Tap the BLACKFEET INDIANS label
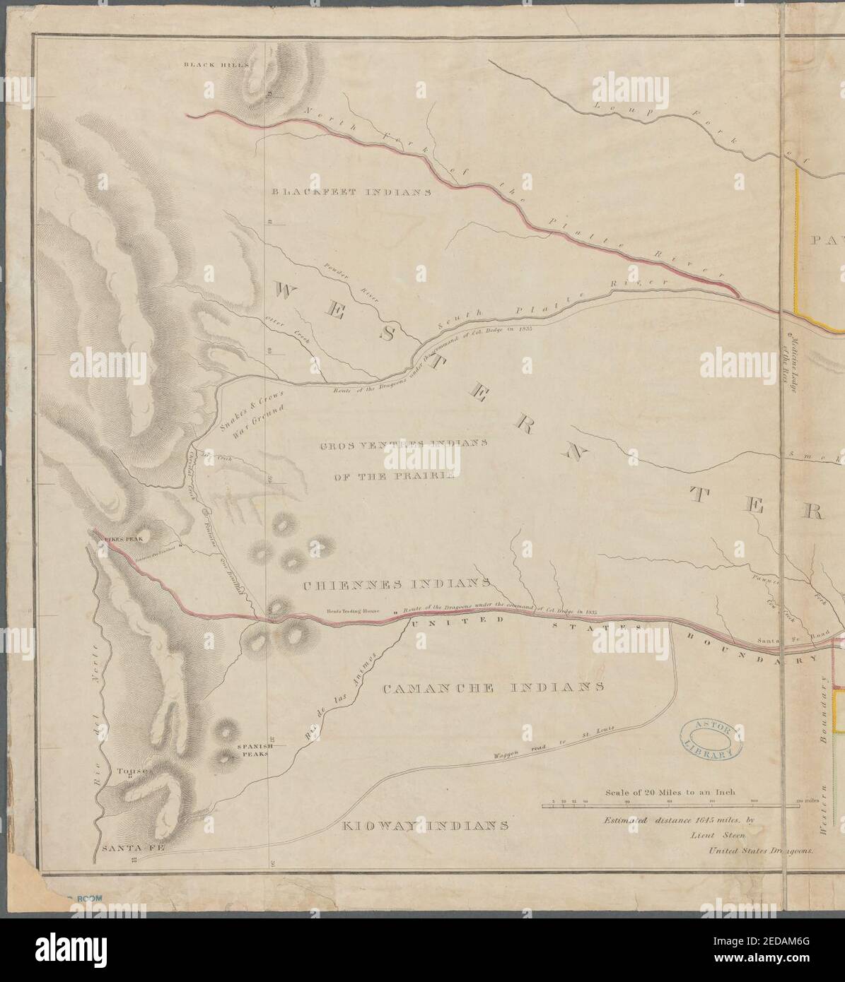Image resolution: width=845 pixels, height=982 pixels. coord(351,191)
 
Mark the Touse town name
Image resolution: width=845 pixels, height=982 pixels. coord(133,771)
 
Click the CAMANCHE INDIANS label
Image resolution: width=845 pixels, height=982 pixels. coord(493,687)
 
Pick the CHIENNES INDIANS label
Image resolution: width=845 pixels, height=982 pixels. coord(397,585)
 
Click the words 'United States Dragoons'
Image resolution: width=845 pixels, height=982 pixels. coord(762,851)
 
